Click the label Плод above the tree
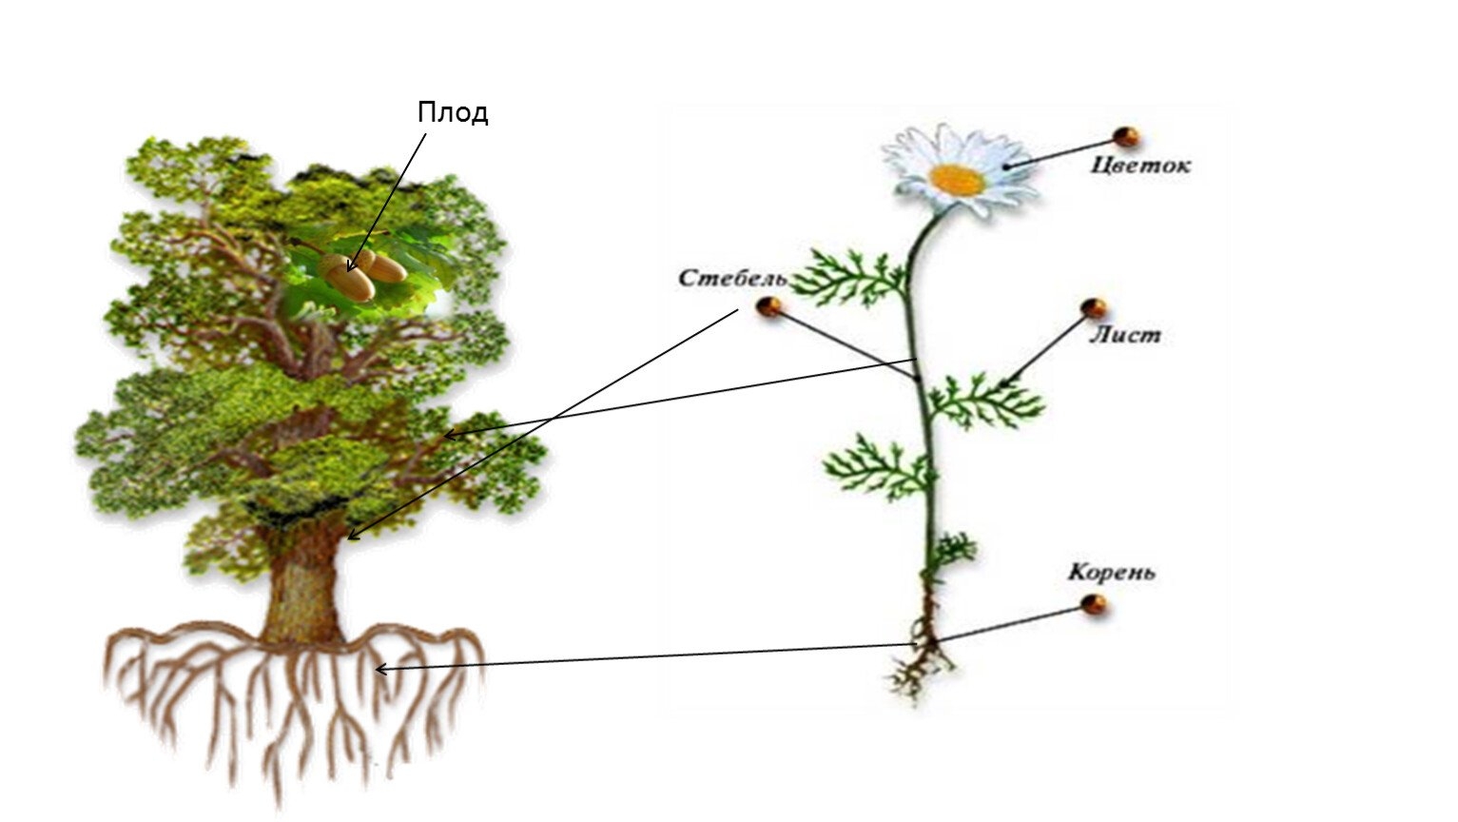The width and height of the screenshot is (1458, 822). [x=453, y=113]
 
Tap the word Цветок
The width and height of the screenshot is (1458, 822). [x=1140, y=166]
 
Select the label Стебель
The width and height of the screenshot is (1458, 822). [x=731, y=279]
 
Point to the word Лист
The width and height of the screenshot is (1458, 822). [x=1125, y=335]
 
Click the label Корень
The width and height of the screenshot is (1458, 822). [x=1111, y=573]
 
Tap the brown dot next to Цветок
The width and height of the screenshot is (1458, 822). [x=1127, y=136]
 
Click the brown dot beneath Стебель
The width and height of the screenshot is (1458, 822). [x=768, y=306]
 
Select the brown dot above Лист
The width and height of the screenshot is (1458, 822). [x=1095, y=307]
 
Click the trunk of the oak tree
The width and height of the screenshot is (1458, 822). [x=302, y=590]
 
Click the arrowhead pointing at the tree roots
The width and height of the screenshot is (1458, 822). [x=379, y=669]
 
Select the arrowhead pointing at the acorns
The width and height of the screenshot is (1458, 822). [x=351, y=267]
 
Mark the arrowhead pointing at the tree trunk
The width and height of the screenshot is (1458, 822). [x=352, y=535]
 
